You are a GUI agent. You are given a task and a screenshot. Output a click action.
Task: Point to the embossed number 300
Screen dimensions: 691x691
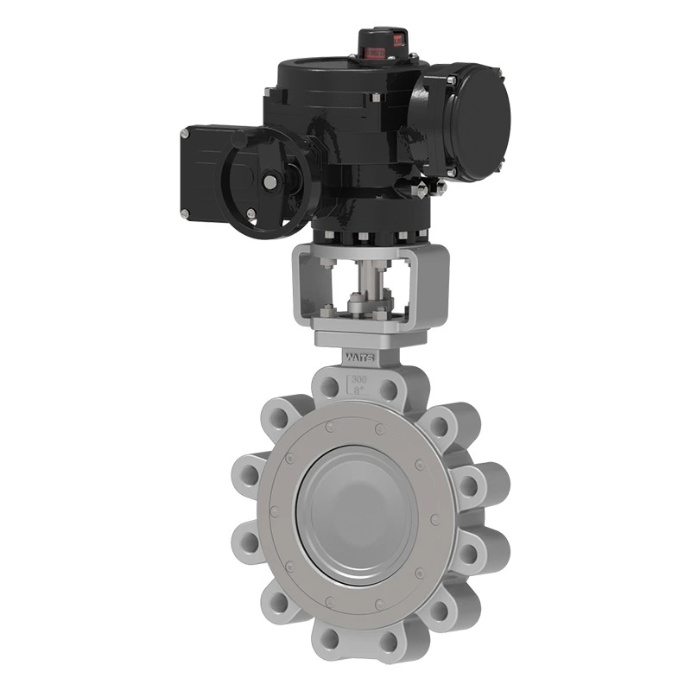358,378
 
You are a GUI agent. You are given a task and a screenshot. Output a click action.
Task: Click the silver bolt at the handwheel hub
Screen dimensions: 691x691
269,182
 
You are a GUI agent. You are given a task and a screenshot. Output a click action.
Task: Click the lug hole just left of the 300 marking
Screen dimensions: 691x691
327,385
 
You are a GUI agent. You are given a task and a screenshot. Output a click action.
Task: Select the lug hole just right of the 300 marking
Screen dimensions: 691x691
392,385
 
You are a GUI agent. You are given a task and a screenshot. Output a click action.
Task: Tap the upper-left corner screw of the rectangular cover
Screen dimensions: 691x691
186,133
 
